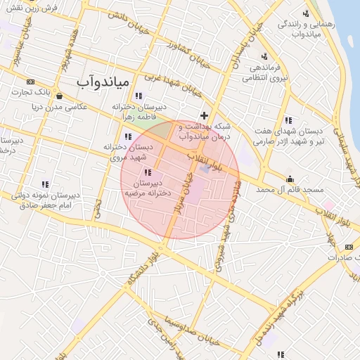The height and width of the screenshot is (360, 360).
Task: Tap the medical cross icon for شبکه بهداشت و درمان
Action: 205,115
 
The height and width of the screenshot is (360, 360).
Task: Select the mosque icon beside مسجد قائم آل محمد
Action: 290,178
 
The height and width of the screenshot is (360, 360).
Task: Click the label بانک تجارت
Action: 33,92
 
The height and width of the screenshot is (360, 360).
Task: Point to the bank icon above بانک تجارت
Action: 30,82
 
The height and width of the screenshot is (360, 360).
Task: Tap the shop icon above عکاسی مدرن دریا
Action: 59,96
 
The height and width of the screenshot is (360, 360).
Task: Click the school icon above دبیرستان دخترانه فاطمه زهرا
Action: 139,96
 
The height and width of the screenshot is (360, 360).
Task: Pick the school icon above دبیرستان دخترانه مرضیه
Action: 146,172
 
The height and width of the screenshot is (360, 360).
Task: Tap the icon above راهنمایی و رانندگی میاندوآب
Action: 305,13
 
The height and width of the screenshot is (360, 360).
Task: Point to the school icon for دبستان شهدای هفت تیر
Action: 289,119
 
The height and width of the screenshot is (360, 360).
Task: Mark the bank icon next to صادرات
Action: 349,247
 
